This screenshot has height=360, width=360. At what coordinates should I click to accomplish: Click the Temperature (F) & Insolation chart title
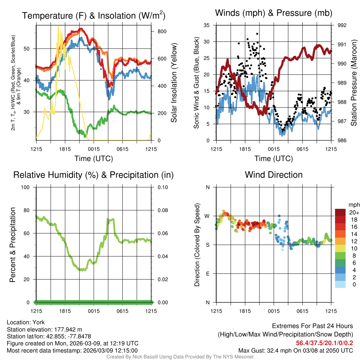(94, 15)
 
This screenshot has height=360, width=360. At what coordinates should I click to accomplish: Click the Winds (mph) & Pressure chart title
(274, 13)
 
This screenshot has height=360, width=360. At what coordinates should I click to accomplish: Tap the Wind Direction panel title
(274, 175)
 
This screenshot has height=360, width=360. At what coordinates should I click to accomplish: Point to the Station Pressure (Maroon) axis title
(354, 83)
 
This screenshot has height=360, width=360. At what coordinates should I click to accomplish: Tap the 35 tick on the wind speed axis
(206, 25)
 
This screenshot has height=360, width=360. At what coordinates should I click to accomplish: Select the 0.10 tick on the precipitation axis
(163, 187)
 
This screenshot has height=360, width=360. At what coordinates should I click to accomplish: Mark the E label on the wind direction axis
(207, 274)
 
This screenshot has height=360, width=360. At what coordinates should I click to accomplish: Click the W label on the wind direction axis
(207, 216)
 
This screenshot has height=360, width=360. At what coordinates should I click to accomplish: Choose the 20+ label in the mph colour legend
(354, 212)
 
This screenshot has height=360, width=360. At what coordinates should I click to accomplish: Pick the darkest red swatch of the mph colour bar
(341, 212)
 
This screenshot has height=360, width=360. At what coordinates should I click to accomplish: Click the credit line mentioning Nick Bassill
(180, 357)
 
